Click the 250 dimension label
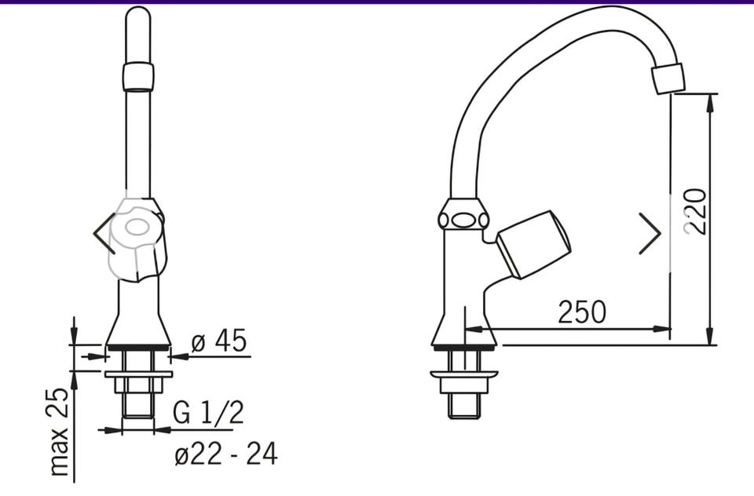582,312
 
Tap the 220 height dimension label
696,211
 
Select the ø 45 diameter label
219,341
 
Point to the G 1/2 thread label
208,412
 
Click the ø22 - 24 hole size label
226,454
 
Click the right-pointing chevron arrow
650,233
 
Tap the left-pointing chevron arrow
104,233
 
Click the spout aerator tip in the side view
668,78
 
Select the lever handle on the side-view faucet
533,244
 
